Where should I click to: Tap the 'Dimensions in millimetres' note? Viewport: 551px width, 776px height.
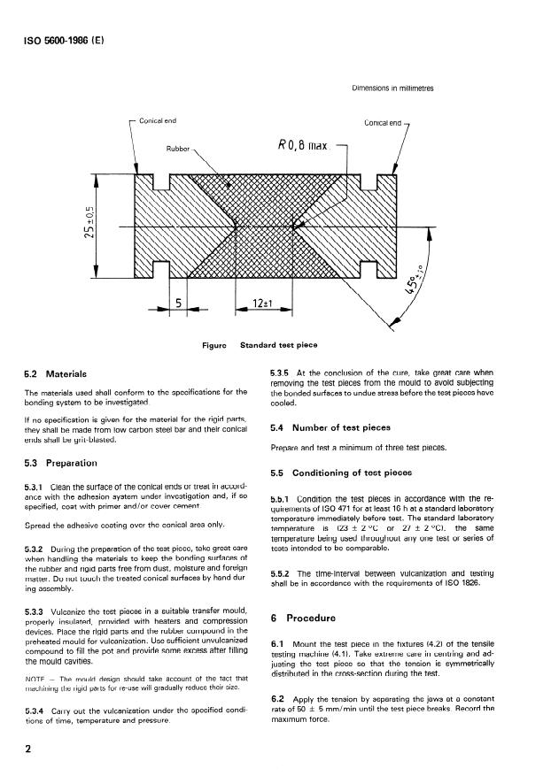tap(392, 88)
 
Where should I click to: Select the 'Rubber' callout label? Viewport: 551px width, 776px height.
tap(179, 148)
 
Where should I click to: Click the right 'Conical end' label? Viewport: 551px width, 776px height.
tap(384, 122)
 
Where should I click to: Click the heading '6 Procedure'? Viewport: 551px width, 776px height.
tap(310, 619)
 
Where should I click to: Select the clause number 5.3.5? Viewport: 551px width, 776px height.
tap(282, 374)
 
